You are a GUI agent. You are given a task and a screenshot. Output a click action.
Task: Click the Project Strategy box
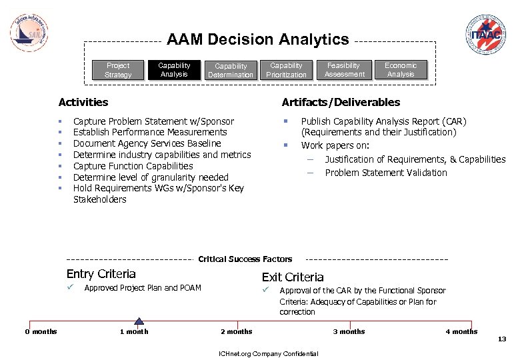pos(118,70)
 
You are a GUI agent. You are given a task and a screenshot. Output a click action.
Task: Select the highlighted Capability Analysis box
pos(174,69)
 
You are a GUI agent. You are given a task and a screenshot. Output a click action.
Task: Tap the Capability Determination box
pos(231,71)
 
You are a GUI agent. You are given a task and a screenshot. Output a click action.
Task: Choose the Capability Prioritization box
pos(286,70)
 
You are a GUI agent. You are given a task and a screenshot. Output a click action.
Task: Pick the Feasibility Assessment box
pos(344,69)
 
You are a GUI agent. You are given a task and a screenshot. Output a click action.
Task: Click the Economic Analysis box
pos(401,69)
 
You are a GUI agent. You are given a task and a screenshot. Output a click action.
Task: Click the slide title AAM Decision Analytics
pos(257,40)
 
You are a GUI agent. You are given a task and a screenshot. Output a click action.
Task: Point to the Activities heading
pos(83,102)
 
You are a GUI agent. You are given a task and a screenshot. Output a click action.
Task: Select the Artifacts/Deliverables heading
pos(341,102)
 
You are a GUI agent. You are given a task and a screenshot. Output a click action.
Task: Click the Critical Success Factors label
pos(245,259)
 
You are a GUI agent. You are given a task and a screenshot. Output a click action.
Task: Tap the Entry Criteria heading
pos(101,274)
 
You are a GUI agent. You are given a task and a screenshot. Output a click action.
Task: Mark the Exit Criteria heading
pos(293,277)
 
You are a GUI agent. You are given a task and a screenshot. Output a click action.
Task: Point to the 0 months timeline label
pos(41,331)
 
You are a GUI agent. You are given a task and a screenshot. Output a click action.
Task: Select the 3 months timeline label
pos(349,331)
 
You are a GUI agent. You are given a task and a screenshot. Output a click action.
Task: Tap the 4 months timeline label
pos(461,331)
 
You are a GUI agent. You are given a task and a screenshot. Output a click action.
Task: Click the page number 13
pos(502,339)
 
